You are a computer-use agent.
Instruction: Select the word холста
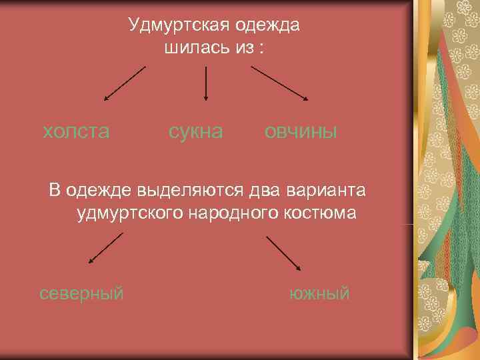(x=76, y=131)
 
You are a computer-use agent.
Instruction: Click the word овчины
(x=301, y=131)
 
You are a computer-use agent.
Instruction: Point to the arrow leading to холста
(x=125, y=83)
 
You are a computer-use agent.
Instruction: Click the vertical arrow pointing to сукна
(x=205, y=83)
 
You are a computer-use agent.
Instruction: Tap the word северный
(x=81, y=293)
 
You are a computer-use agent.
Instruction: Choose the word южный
(x=319, y=293)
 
